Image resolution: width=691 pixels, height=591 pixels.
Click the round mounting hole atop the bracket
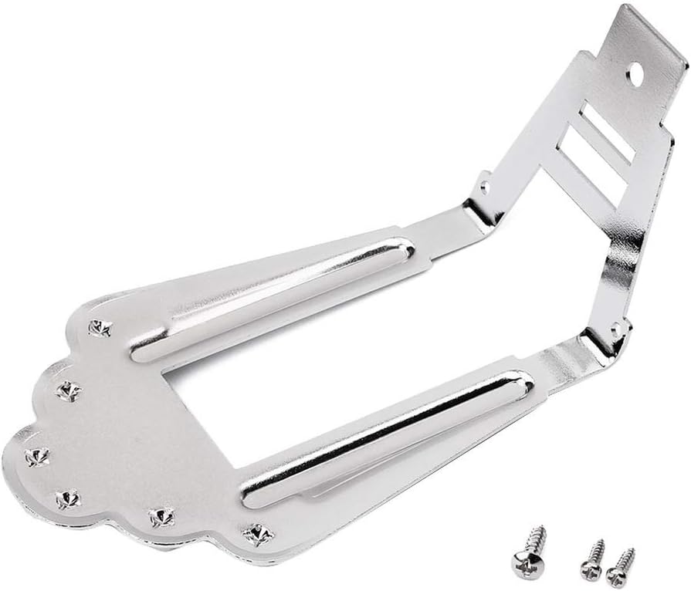637,74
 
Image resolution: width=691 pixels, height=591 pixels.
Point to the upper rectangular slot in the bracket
606,132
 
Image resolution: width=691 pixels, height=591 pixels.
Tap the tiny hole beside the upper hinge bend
484,186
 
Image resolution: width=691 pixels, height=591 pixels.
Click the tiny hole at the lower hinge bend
616,329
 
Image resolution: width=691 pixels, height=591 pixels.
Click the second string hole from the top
68,390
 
